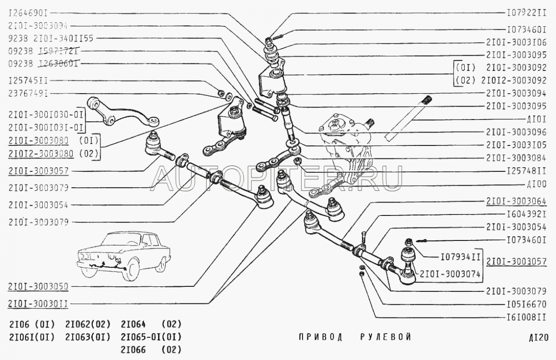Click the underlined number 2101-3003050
point(38,287)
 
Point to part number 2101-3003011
point(38,303)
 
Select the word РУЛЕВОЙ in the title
point(385,337)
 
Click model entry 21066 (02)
point(151,349)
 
